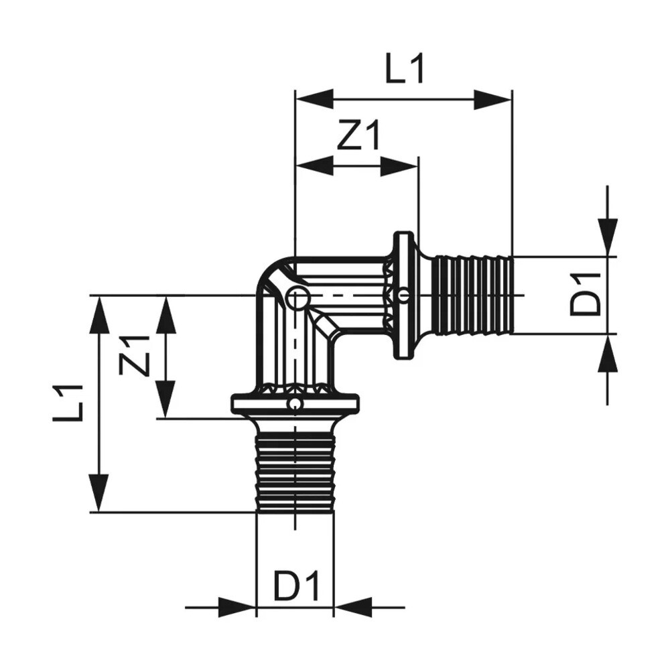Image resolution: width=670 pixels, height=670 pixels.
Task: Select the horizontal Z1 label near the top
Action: (x=358, y=137)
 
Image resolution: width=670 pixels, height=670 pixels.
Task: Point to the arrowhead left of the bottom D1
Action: (x=238, y=608)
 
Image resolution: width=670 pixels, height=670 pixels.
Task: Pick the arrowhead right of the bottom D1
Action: (x=352, y=608)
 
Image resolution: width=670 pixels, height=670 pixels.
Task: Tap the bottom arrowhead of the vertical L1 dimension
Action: (x=99, y=492)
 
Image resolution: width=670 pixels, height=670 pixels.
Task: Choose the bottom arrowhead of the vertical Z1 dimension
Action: (x=165, y=400)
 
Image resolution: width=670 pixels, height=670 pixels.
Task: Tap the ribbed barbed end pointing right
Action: (x=472, y=295)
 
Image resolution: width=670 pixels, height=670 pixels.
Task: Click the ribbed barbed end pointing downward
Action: (x=295, y=472)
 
